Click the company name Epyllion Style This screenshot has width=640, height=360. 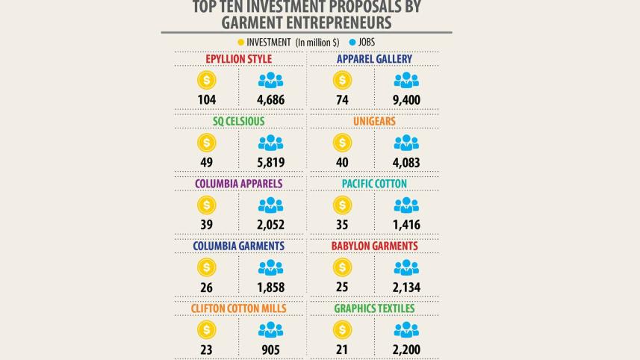(x=238, y=59)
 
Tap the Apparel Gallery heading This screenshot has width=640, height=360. (x=374, y=59)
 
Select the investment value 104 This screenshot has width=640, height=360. (x=207, y=100)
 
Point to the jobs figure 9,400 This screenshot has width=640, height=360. (x=406, y=100)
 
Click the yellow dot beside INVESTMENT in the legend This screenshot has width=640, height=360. (x=240, y=43)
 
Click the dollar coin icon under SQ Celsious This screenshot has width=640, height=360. (x=207, y=143)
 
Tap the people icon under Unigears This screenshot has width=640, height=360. (x=406, y=143)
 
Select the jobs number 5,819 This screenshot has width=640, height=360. (x=270, y=162)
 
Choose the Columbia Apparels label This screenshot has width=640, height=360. (x=238, y=184)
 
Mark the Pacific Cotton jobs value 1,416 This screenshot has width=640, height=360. (x=406, y=225)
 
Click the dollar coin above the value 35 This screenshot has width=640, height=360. (x=342, y=205)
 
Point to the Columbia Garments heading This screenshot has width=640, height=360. (x=238, y=246)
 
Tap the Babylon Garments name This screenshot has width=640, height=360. (x=374, y=246)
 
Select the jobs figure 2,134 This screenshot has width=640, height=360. (x=406, y=287)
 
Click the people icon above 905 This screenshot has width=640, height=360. (x=270, y=329)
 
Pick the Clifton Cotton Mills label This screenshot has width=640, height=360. (x=238, y=308)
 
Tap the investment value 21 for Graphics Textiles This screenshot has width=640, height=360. (x=342, y=349)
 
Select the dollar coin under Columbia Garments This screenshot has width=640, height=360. (x=207, y=267)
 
